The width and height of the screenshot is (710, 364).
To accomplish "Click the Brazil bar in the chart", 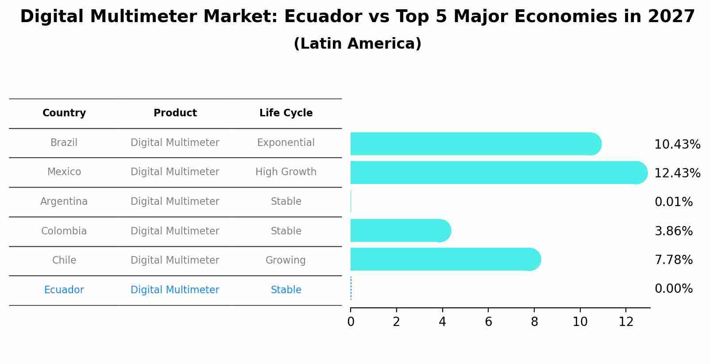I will pos(475,144).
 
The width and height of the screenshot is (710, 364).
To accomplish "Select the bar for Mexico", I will pos(498,172).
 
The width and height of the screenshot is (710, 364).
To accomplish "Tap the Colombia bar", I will pos(400,230).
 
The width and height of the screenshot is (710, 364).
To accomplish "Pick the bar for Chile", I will pos(445,259).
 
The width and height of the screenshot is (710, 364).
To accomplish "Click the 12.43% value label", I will pos(677,173).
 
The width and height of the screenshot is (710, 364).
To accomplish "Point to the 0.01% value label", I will pos(673,202).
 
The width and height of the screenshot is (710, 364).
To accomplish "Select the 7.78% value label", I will pos(673,260).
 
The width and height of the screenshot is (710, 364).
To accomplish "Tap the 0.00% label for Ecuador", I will pos(673,289).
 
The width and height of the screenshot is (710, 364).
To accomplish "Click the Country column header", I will pos(64,113).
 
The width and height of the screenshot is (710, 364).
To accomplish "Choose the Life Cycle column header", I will pos(286,113).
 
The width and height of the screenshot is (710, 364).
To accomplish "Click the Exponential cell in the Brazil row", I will pos(286,143).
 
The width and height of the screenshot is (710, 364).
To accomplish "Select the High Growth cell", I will pos(286,172).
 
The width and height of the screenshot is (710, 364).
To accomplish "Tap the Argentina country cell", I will pos(64,202).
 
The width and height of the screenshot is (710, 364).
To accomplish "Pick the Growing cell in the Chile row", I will pos(286,261).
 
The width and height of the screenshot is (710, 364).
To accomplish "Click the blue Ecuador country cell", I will pos(64,290).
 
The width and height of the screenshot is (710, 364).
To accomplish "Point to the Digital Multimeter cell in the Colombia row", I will pos(175,231).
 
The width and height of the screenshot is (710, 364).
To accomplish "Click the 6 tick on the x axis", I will pos(488,322).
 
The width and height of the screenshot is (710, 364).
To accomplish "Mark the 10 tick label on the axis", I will pos(580,322).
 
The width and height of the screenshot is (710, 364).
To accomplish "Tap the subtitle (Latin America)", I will pos(357,44).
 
